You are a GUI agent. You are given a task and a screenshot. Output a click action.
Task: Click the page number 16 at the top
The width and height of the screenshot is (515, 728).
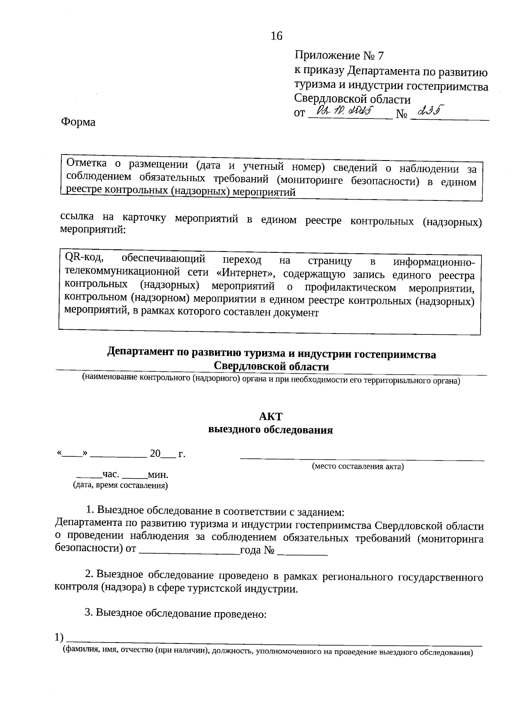coord(276,36)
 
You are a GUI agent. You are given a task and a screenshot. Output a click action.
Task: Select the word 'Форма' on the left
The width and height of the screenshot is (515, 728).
coord(78,122)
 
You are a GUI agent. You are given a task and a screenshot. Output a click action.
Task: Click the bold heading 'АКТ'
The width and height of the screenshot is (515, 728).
coord(271,417)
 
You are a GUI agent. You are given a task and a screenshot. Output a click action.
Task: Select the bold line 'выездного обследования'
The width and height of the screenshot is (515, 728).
coord(270,430)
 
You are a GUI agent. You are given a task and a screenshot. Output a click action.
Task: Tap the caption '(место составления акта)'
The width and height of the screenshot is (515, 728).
coord(357,466)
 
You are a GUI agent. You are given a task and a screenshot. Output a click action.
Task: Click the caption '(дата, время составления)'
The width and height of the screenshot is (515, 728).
coord(121,486)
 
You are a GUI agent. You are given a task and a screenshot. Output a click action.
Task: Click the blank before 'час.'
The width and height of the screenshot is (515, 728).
coord(89,476)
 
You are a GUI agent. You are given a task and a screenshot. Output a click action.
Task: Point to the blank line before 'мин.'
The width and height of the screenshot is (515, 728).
coord(134,476)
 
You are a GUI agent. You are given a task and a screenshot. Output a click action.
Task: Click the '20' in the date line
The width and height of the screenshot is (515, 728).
coord(155,454)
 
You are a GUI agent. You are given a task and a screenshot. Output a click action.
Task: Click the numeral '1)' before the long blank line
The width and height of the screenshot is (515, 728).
coord(60,638)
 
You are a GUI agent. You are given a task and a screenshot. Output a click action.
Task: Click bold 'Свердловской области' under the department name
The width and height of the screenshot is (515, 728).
coord(271,367)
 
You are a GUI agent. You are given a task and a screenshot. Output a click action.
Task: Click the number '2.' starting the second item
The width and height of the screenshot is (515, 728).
coord(89,575)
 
